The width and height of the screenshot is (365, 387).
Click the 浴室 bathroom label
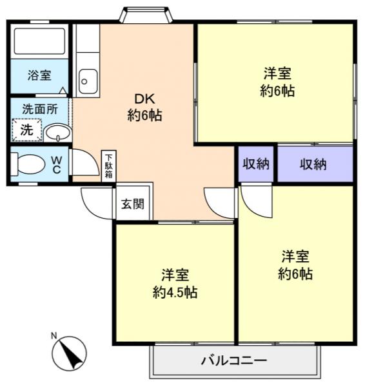point(39,75)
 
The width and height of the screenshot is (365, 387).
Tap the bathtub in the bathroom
point(39,43)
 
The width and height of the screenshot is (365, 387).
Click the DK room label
point(144,99)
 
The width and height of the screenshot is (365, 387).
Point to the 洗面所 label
point(40,109)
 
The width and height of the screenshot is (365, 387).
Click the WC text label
point(57,164)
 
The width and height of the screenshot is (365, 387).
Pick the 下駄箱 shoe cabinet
point(109,166)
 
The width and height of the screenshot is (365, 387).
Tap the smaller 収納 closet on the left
point(256,164)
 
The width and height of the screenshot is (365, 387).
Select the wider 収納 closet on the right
point(313,164)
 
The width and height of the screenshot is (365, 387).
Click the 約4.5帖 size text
point(175,292)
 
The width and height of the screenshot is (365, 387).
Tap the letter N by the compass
point(55,335)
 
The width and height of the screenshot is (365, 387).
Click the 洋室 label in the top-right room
point(277,72)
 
